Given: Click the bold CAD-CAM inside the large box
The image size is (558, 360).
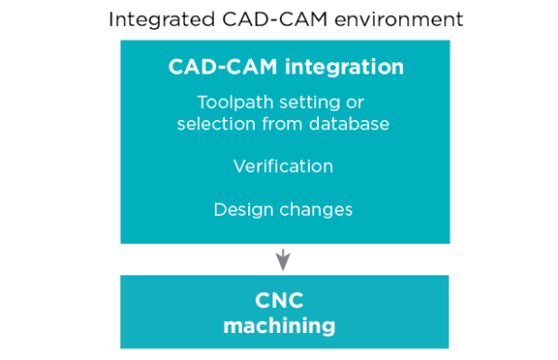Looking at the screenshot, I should tap(215, 67).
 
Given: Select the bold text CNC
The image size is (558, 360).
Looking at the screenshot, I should tap(279, 300).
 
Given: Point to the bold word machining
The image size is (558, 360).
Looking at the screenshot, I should tap(279, 326).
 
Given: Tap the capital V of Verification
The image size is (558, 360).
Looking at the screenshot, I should tap(238, 167).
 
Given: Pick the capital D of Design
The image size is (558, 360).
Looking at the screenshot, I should tap(219, 209).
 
